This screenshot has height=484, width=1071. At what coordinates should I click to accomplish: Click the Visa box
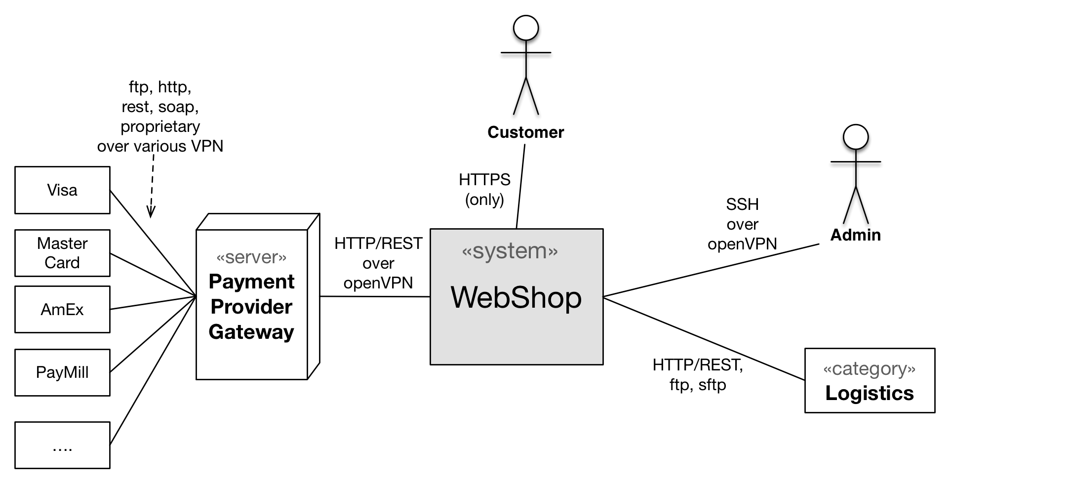coord(62,190)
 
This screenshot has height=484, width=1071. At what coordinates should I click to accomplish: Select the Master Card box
coord(62,253)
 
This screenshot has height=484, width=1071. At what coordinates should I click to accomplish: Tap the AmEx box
coord(62,309)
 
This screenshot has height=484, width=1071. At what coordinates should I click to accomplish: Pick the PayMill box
coord(62,372)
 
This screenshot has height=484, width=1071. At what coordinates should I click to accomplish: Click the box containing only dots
coord(62,445)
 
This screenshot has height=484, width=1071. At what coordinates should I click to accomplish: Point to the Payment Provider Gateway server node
coord(258,296)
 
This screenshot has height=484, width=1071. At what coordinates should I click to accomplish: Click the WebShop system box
coord(516,297)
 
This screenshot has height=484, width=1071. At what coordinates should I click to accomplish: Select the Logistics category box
coord(870,380)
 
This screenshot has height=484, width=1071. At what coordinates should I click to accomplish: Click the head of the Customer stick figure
coord(526,28)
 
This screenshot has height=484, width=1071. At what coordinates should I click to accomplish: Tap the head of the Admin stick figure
coord(856,137)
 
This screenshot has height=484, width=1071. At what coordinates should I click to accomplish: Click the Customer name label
coord(525,132)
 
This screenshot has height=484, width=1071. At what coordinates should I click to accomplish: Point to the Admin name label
coord(856,235)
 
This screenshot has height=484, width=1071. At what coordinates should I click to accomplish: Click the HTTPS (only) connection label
coord(484,190)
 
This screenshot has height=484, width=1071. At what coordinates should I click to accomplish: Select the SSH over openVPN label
coord(742,224)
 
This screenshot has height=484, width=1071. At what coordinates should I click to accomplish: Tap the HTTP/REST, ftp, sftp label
coord(698,375)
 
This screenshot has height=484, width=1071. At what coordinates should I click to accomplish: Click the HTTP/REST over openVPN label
coord(378,263)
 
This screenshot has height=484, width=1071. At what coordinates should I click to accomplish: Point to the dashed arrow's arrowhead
coord(151,213)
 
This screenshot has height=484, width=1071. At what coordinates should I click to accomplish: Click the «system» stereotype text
coord(510,251)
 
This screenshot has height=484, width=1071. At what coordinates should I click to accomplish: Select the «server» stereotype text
coord(251,257)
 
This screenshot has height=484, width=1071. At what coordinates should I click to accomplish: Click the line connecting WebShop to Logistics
coord(704,338)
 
